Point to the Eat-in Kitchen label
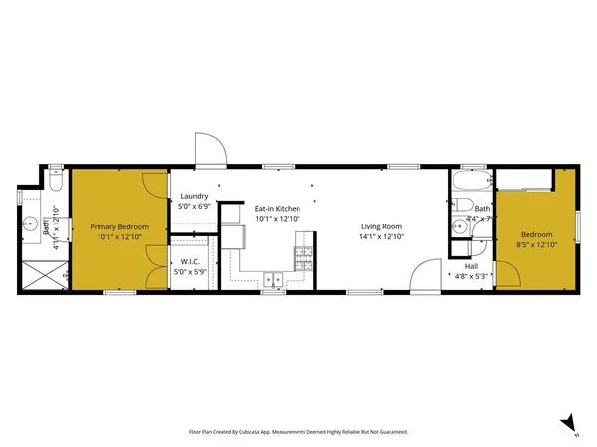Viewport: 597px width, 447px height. (277, 210)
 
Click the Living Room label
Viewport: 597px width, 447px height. (382, 227)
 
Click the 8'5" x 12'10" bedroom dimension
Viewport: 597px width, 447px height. (537, 243)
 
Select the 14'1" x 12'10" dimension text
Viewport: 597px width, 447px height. (382, 237)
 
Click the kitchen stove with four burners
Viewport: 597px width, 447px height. (303, 258)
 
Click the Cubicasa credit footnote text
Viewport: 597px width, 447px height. (298, 432)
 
